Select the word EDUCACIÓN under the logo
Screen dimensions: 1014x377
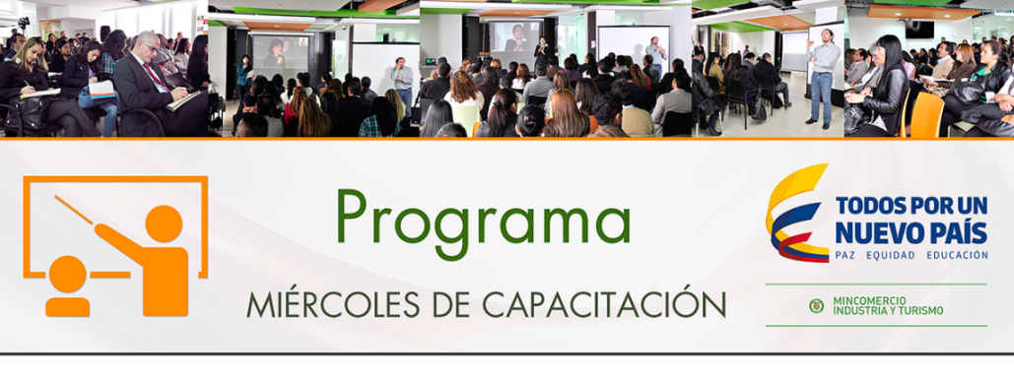click(957, 255)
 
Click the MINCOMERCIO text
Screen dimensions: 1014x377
click(869, 301)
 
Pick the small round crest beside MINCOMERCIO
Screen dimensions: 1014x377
click(816, 306)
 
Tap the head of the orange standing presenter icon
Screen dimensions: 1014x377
click(164, 224)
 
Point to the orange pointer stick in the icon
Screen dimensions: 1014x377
click(74, 211)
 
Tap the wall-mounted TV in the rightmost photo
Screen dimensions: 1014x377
click(919, 30)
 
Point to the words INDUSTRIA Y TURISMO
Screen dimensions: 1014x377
click(888, 310)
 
